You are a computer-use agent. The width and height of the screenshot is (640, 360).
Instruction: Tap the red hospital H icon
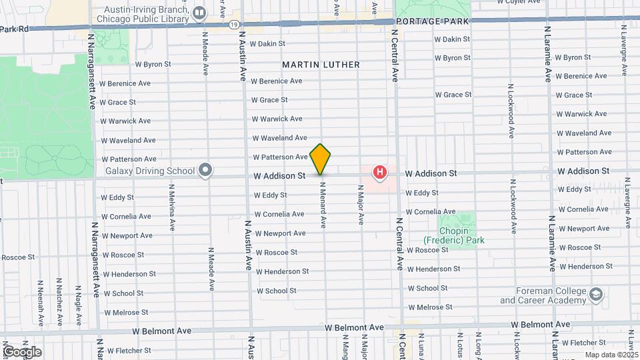pos(380,173)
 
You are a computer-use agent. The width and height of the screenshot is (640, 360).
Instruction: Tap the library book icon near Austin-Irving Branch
pos(199,13)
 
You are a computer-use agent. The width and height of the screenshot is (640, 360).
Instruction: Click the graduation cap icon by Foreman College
pos(595,295)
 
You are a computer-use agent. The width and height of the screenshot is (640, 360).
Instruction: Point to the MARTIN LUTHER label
pos(321,65)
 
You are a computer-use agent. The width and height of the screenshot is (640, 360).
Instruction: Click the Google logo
pos(22,351)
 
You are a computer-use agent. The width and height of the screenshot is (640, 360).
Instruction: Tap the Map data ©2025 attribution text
pos(611,355)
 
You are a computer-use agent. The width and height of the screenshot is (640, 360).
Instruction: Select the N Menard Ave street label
pos(322,206)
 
